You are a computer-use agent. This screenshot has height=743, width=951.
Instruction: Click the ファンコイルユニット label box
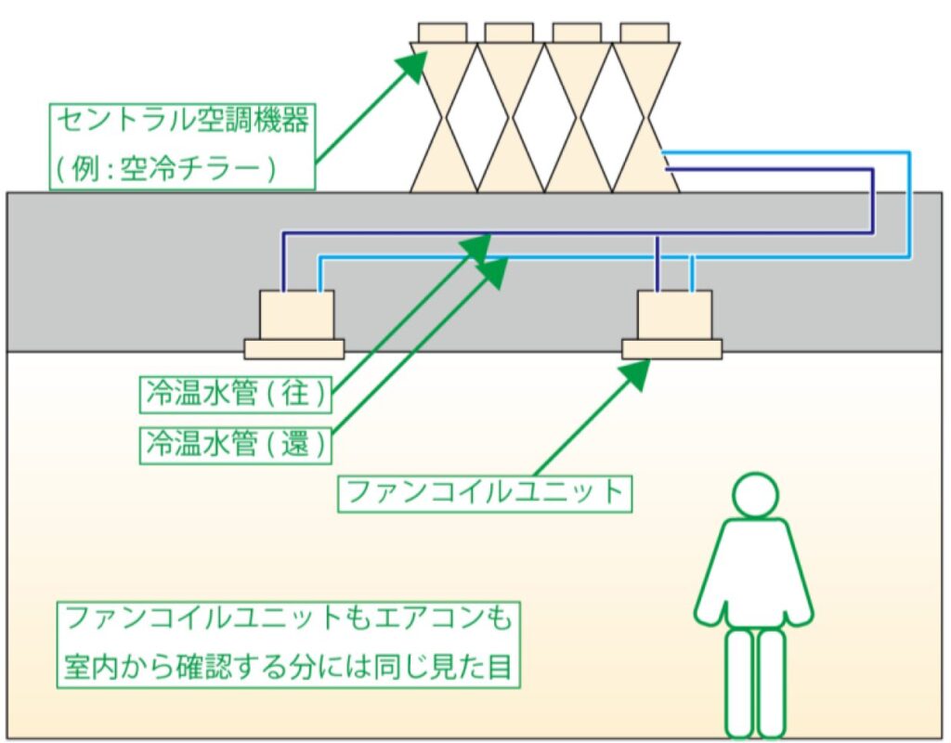tap(483, 491)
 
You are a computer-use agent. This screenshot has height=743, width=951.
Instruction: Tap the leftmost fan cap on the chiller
tap(443, 33)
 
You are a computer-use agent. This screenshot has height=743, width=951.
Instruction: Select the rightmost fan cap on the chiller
tap(645, 33)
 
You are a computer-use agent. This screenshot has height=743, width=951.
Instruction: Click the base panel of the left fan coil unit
tap(293, 349)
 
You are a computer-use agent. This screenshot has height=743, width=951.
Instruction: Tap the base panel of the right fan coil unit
tap(672, 349)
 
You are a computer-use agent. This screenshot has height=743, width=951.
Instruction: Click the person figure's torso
tap(754, 571)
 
